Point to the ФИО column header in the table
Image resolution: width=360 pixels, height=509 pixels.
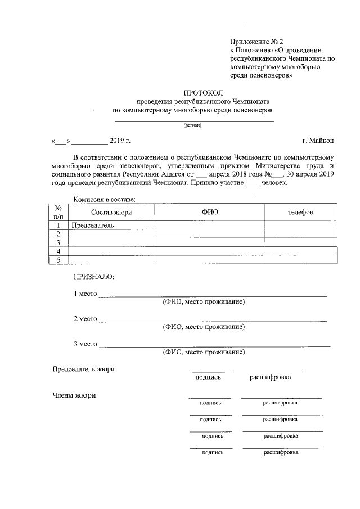pyautogui.click(x=209, y=211)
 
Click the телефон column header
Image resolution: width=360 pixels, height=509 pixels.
pyautogui.click(x=301, y=211)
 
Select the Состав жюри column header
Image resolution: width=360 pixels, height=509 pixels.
pyautogui.click(x=111, y=211)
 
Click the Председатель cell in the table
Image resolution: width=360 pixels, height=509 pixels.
pyautogui.click(x=93, y=226)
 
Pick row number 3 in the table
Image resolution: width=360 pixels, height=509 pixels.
pyautogui.click(x=58, y=242)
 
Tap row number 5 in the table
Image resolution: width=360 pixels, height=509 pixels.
pyautogui.click(x=58, y=259)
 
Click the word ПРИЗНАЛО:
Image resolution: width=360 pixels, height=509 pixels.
pyautogui.click(x=93, y=277)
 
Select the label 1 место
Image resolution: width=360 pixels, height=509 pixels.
pyautogui.click(x=86, y=294)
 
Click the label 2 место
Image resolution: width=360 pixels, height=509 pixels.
pyautogui.click(x=86, y=319)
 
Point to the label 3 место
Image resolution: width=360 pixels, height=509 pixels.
pyautogui.click(x=86, y=344)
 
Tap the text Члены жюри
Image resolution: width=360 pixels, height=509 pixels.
pyautogui.click(x=74, y=395)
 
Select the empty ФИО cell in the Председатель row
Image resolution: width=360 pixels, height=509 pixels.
pyautogui.click(x=209, y=226)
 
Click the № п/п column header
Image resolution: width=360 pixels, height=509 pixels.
pyautogui.click(x=58, y=211)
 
